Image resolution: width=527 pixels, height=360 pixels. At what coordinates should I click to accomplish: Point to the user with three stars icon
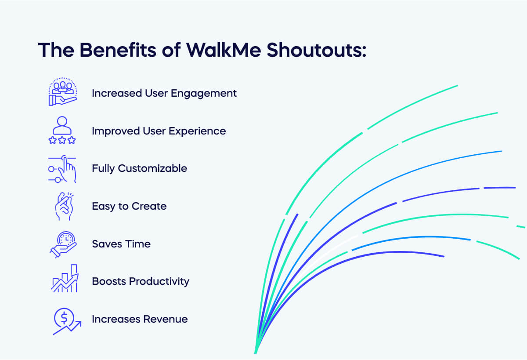click(x=62, y=130)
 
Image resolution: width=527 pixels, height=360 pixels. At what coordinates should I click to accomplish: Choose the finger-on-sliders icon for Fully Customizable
click(x=62, y=168)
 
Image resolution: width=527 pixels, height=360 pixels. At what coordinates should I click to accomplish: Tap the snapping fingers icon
click(x=63, y=206)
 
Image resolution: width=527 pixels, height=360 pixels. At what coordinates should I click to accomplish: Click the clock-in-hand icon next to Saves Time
click(x=63, y=244)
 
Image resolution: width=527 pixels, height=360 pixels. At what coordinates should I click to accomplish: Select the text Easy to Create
click(x=129, y=206)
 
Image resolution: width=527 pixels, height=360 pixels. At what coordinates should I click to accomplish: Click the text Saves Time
click(x=121, y=244)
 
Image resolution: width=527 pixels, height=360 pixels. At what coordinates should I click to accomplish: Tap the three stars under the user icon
click(x=62, y=140)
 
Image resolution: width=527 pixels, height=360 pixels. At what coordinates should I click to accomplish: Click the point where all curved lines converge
click(x=256, y=352)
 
